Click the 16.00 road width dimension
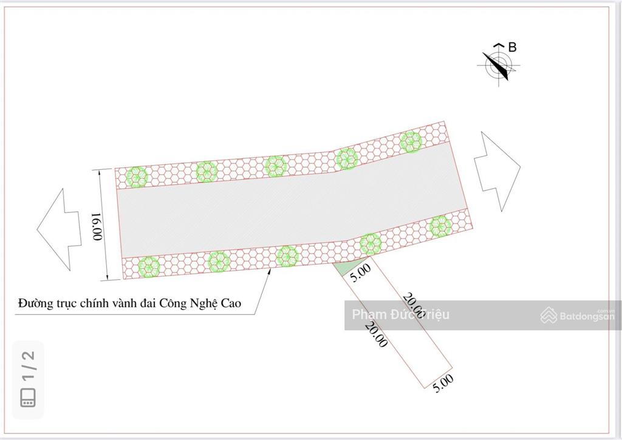pos(97,226)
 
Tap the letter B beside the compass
pos(512,47)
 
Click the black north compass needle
pos(496,66)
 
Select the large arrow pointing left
pos(59,229)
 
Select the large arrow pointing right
pos(497,171)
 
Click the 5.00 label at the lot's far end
pos(443,384)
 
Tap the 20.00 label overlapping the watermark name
pos(413,305)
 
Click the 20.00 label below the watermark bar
pos(377,334)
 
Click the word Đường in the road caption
pos(35,303)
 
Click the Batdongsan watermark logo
pos(577,316)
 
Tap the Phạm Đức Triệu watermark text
pos(401,315)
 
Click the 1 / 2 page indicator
pos(29,366)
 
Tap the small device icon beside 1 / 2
pos(28,398)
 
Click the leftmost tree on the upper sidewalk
pos(137,177)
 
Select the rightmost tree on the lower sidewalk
pos(441,226)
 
